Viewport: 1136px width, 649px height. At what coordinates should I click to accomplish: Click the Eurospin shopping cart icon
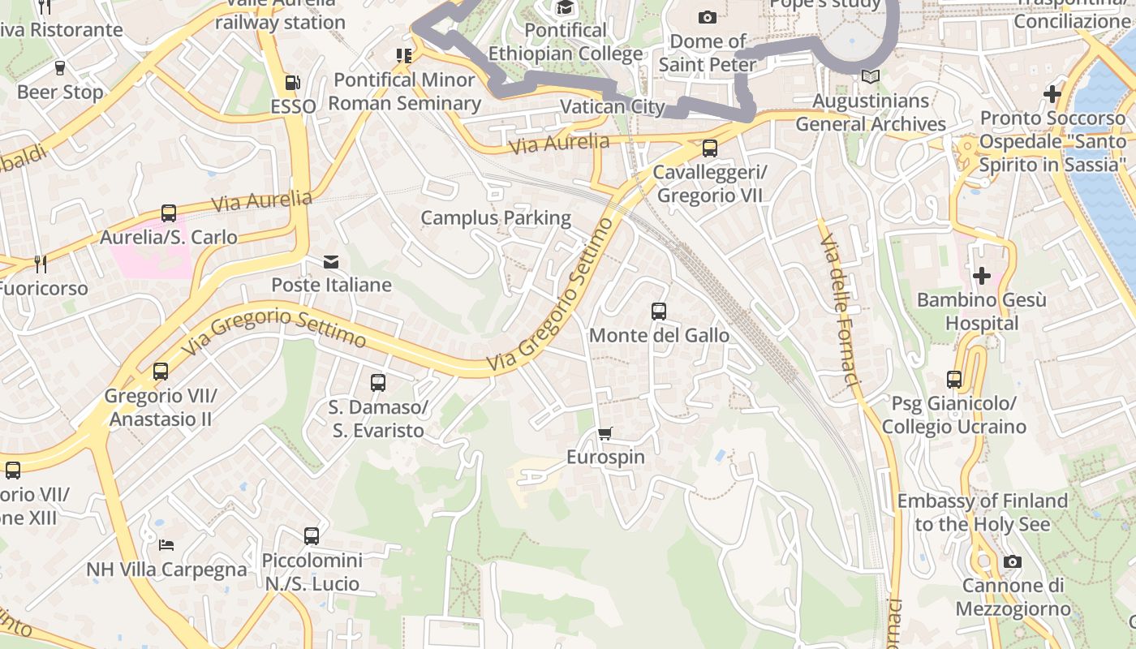605,434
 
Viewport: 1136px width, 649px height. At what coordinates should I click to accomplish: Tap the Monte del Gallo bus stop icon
659,312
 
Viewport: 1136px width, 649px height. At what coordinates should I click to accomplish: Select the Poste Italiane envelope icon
331,261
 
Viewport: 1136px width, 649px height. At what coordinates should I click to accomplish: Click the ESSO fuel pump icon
292,83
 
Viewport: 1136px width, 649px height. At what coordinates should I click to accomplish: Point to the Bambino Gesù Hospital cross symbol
982,276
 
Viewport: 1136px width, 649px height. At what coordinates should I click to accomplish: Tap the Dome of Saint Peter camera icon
708,17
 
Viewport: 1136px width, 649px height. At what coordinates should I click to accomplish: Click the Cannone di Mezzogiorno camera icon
1012,561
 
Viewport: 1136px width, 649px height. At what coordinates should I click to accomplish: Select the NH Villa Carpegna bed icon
166,545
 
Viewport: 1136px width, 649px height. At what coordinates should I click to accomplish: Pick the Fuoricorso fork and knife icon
41,264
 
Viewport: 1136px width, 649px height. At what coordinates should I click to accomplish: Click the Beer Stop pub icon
59,68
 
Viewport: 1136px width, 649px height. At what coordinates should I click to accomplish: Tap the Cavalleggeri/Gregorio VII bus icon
710,148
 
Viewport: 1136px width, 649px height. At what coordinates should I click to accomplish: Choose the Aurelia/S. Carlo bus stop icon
169,213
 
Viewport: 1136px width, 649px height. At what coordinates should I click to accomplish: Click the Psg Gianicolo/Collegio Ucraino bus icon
954,380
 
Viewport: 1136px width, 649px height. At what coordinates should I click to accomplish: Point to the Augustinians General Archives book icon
871,77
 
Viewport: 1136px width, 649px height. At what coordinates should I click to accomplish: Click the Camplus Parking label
496,217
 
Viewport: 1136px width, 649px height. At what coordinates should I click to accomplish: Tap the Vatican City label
613,106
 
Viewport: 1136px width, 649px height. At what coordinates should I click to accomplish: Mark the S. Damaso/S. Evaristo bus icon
378,383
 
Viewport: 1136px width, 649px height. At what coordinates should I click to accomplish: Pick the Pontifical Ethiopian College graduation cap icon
565,8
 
